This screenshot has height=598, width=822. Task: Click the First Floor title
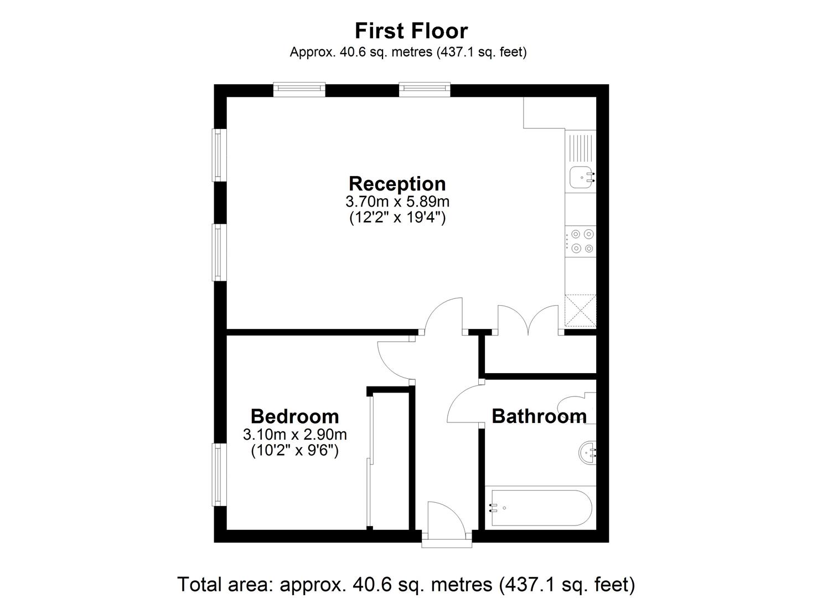pos(411,30)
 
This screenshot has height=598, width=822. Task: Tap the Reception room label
pos(397,183)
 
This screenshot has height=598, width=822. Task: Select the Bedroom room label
pos(294,416)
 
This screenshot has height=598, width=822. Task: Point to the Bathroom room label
pos(539,416)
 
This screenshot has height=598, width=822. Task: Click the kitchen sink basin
pos(580,177)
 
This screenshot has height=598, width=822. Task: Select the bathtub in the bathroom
pos(540,508)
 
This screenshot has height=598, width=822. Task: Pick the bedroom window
pos(220,475)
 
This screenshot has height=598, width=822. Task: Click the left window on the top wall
pos(299,89)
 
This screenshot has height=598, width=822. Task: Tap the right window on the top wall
pos(425,89)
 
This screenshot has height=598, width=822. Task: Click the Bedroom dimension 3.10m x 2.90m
pos(294,434)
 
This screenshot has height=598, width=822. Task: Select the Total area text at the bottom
pos(406,584)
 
